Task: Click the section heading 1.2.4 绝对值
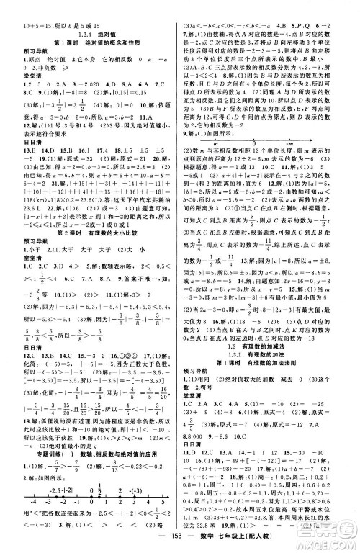pyautogui.click(x=89, y=33)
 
